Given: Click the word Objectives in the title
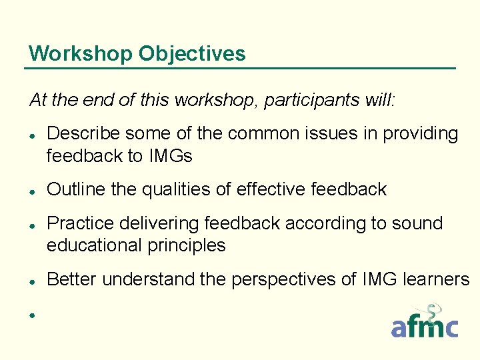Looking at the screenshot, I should [x=192, y=53].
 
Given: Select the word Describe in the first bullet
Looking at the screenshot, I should [x=85, y=134].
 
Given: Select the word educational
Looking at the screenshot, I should [x=92, y=245].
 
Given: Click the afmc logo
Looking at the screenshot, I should [x=425, y=321].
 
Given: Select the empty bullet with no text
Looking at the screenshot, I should [x=31, y=314].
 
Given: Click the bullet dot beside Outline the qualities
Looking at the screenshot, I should [x=31, y=191].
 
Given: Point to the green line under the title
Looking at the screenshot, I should [x=240, y=68].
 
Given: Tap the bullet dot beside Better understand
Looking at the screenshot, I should [x=31, y=280].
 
